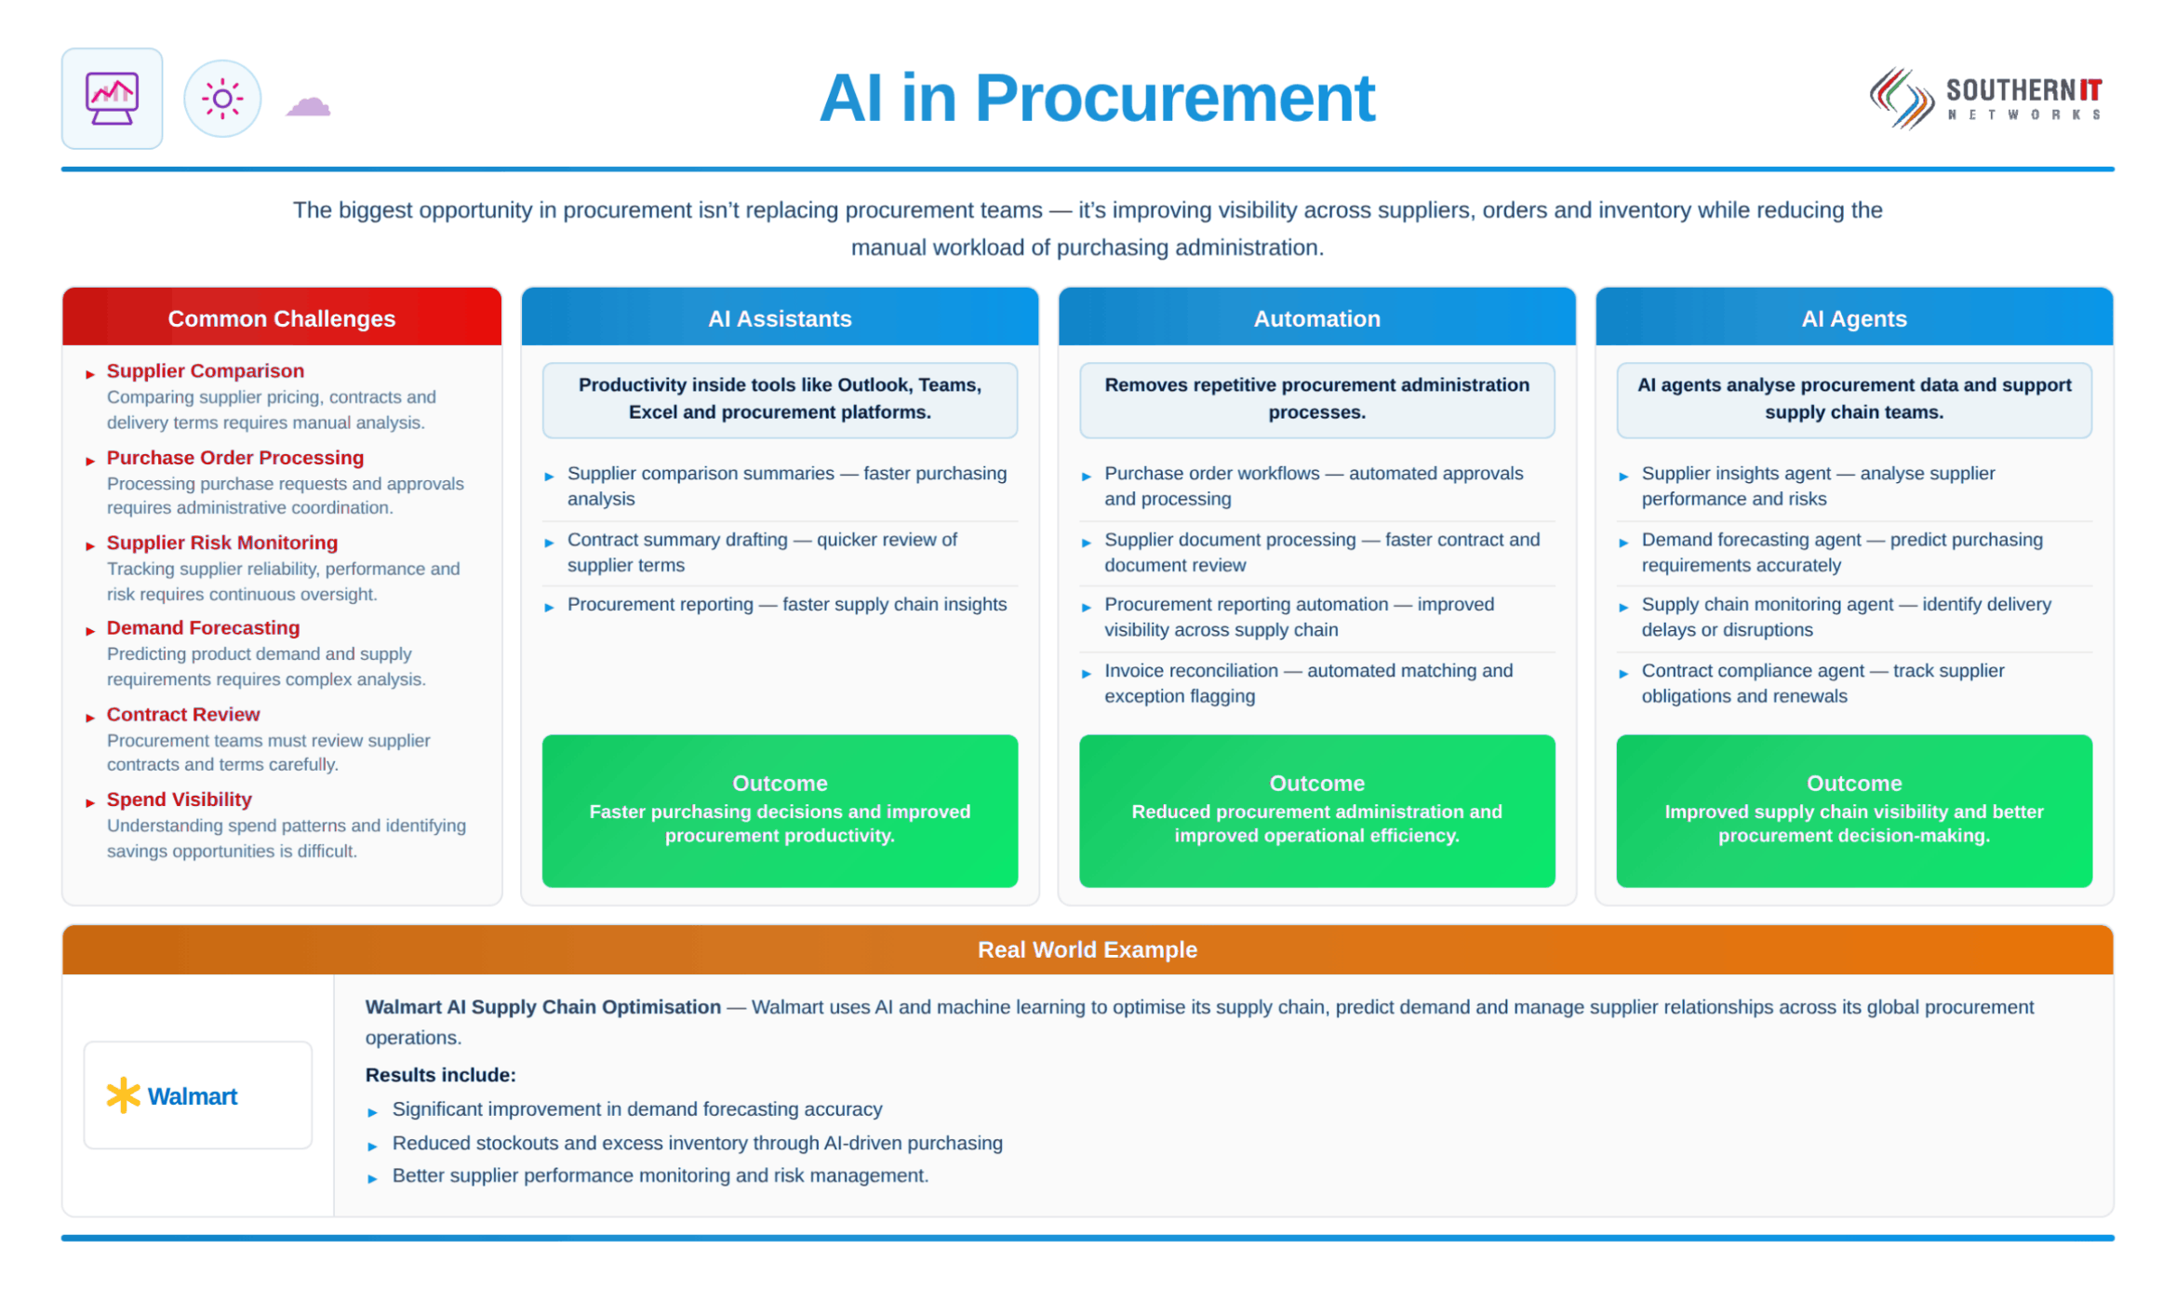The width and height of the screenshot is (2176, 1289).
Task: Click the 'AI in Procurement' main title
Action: [1097, 98]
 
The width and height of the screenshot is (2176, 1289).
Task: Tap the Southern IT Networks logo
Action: [1985, 98]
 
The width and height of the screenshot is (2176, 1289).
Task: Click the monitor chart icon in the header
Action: [112, 99]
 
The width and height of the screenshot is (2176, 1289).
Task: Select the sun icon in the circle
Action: [222, 99]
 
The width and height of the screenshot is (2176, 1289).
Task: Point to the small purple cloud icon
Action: [308, 106]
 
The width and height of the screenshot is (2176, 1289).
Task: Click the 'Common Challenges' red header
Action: [282, 317]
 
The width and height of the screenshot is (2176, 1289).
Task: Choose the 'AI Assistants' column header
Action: [780, 317]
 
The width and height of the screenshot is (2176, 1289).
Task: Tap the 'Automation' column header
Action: [1316, 317]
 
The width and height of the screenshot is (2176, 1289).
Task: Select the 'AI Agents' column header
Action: [1854, 317]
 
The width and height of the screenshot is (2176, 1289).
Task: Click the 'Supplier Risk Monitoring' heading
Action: [222, 543]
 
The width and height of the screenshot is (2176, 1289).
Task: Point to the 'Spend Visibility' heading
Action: [180, 799]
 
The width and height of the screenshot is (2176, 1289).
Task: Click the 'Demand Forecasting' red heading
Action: [204, 628]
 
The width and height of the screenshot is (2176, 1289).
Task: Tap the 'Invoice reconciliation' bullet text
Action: [1309, 683]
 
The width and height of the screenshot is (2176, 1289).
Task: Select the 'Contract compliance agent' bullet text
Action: [1823, 683]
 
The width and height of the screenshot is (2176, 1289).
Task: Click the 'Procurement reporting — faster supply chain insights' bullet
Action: [787, 605]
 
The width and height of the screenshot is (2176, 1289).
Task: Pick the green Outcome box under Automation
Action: [1316, 811]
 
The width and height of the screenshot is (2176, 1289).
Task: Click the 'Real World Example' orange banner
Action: [1088, 949]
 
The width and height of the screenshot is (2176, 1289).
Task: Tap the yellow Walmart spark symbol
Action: [123, 1096]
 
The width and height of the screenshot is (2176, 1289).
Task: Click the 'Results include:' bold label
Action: [441, 1075]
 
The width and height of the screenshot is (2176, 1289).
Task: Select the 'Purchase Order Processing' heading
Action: [235, 458]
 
